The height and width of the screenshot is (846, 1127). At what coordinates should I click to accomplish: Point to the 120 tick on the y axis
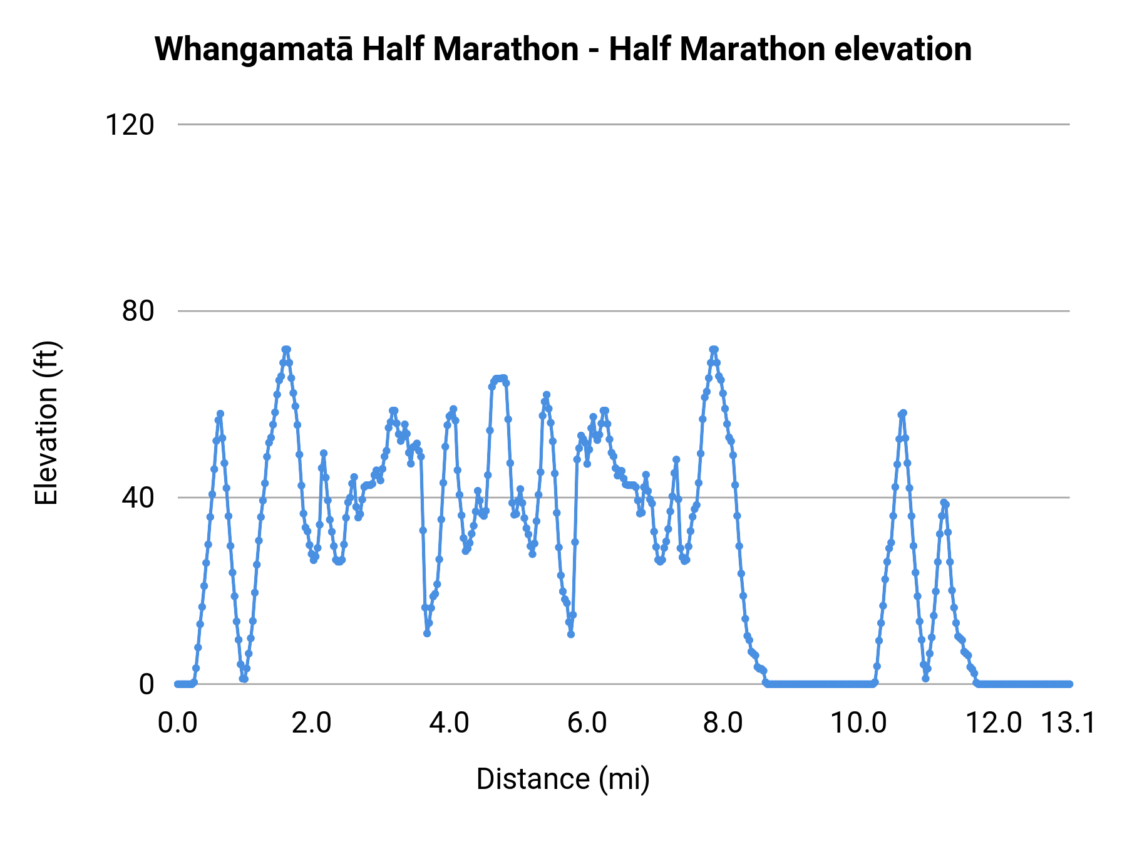[130, 125]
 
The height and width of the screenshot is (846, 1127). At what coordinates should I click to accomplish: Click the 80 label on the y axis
[138, 311]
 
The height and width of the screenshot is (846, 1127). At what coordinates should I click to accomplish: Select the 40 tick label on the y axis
[138, 498]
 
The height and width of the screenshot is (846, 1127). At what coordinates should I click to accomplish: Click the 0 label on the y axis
[146, 684]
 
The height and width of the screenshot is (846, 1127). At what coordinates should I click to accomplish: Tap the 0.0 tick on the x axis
[178, 723]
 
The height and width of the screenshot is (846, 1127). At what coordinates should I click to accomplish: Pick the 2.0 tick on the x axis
[312, 723]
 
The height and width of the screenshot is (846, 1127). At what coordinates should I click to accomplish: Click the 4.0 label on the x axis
[449, 723]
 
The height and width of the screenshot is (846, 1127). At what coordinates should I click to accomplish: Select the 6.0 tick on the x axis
[587, 723]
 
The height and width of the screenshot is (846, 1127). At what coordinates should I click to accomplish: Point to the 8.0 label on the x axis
[723, 723]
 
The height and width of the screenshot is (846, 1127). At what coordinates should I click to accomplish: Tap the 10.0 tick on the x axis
[858, 723]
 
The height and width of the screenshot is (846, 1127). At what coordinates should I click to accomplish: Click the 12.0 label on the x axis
[994, 723]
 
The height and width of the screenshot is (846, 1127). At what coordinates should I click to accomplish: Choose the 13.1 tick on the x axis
[1068, 723]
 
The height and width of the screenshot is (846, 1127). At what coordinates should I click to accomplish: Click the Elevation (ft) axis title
[46, 423]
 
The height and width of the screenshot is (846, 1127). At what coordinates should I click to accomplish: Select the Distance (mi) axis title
[563, 780]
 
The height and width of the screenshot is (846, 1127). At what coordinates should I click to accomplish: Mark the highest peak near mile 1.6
[286, 349]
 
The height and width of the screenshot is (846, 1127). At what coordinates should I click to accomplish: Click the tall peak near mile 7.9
[714, 349]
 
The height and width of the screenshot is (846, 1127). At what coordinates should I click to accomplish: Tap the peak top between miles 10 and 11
[903, 412]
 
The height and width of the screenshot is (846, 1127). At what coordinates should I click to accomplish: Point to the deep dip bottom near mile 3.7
[427, 633]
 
